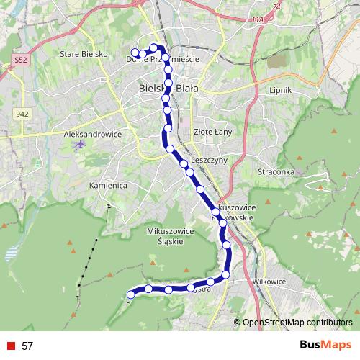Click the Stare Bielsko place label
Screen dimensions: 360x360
[84, 54]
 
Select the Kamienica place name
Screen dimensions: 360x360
[108, 185]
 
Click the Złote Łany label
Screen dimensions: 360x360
[211, 131]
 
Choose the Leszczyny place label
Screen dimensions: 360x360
[210, 159]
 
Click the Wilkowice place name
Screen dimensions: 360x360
[270, 282]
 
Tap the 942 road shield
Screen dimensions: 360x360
[22, 114]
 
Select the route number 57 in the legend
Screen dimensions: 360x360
[27, 346]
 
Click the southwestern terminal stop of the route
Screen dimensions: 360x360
[130, 294]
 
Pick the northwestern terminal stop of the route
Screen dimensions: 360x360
[135, 52]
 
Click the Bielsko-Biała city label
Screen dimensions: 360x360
[167, 88]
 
